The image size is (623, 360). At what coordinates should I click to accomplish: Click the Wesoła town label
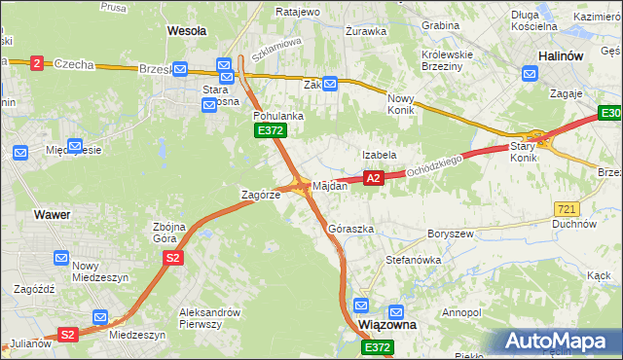187,30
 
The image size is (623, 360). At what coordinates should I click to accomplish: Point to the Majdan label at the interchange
329,185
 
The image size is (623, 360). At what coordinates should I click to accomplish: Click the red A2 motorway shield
372,178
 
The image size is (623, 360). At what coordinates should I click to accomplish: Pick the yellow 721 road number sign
567,209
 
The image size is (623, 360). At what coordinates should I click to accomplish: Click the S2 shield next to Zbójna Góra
172,257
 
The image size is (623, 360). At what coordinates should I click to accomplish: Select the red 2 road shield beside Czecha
37,63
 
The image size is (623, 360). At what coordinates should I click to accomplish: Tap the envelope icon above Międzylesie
20,153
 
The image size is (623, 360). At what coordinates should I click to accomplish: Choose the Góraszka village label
351,229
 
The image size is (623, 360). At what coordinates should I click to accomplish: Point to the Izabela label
379,155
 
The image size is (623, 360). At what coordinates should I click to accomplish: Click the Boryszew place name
450,234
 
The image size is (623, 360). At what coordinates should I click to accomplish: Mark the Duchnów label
574,224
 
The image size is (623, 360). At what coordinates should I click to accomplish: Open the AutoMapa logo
559,342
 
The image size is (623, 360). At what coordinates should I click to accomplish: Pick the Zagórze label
261,195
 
